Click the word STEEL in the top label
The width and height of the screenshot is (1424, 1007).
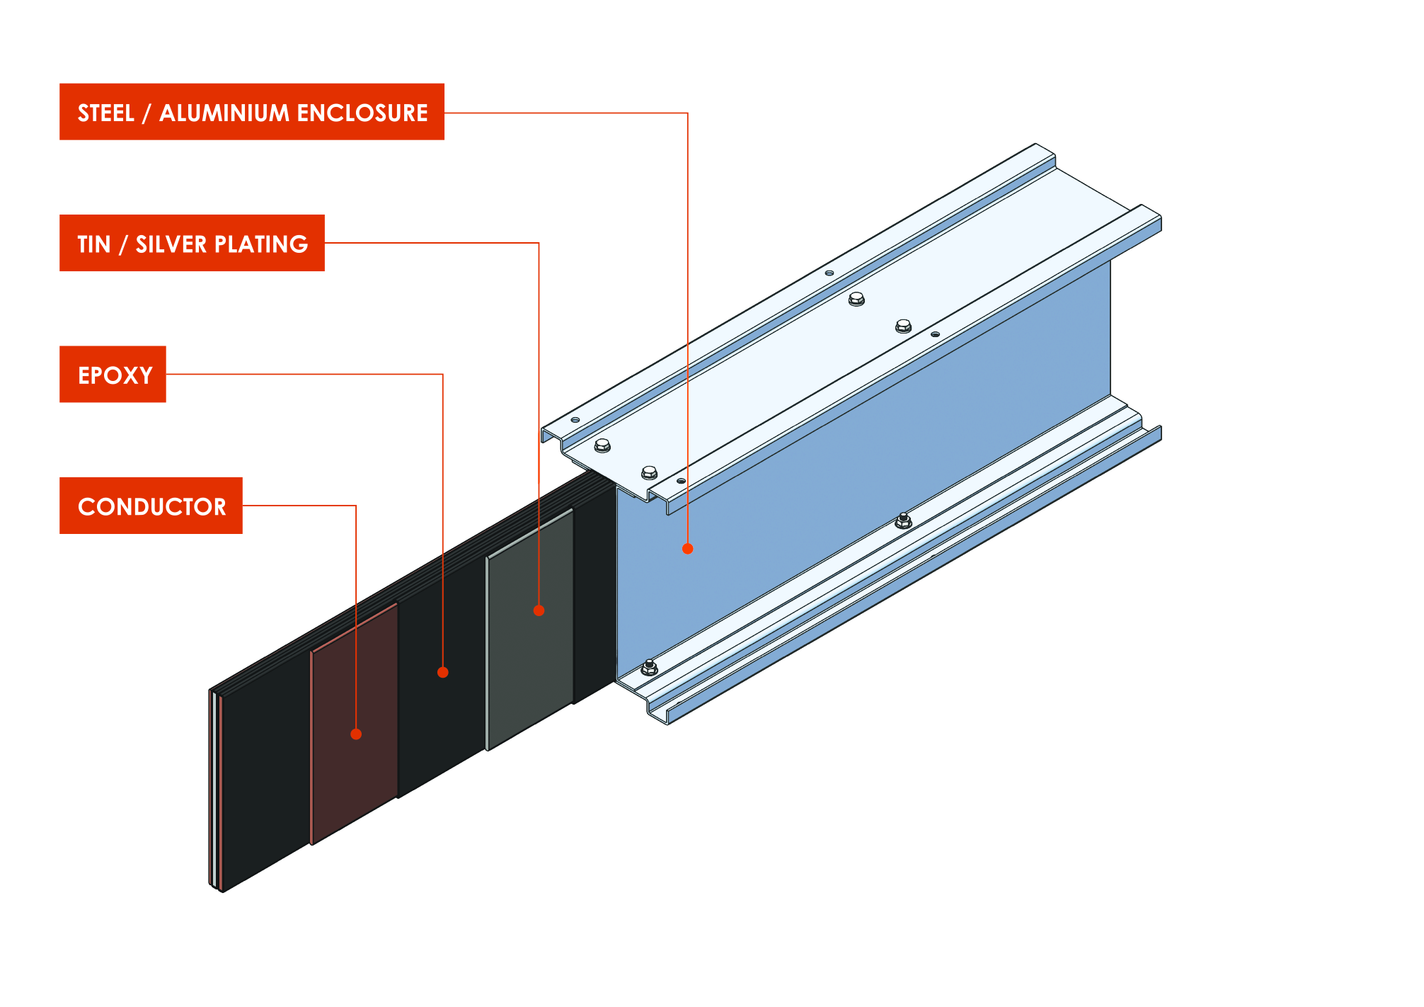click(105, 113)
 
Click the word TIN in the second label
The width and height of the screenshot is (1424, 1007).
click(93, 244)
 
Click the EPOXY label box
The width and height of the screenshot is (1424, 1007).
click(113, 375)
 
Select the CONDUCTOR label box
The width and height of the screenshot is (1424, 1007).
click(151, 506)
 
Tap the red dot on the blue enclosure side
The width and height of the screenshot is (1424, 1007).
click(687, 548)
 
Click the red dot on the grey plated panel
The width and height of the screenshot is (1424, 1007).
click(539, 610)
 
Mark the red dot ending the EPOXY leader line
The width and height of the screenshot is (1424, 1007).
click(442, 672)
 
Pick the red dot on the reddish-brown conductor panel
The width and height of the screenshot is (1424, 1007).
click(356, 734)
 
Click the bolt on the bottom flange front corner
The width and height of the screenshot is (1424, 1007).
click(649, 666)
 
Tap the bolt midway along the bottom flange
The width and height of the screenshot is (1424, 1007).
click(903, 521)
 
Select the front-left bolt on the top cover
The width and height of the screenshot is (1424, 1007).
click(602, 445)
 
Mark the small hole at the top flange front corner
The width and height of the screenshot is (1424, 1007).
click(575, 420)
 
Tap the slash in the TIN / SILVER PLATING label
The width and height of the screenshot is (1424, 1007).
click(123, 244)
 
